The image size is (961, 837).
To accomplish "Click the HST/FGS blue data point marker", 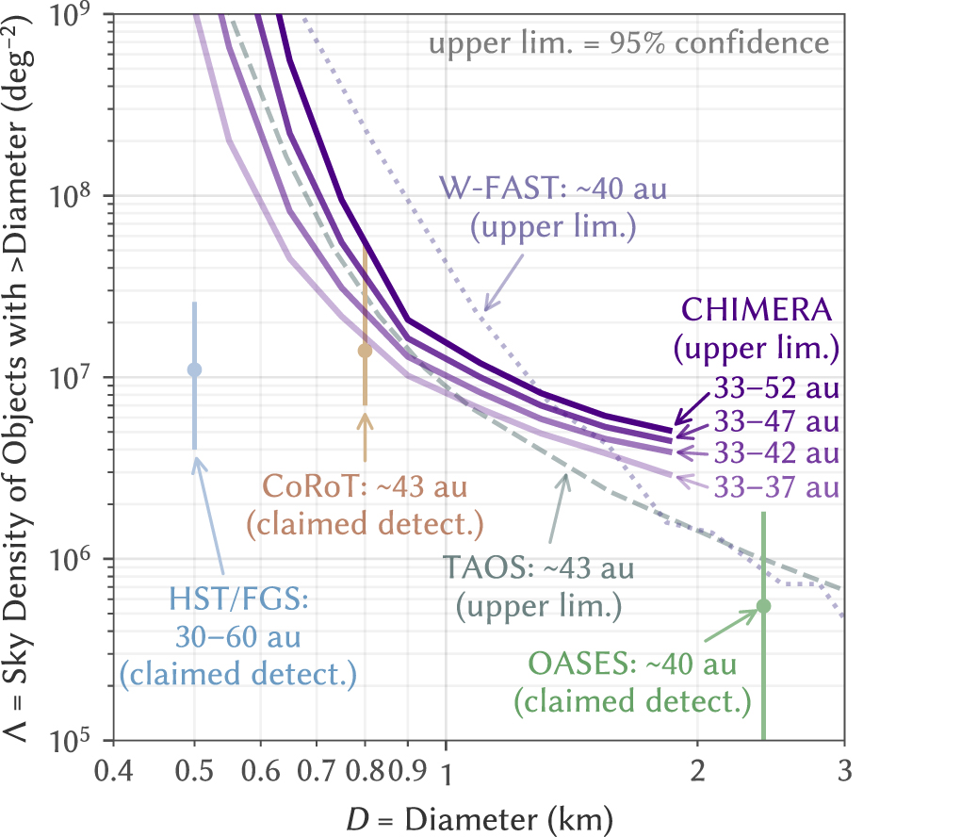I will click(x=194, y=369).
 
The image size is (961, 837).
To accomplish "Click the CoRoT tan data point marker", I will click(x=365, y=352).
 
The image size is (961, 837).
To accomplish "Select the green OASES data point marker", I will click(x=764, y=606).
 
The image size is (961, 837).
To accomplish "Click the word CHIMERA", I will click(x=759, y=310).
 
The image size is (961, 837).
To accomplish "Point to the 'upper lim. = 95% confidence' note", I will click(x=629, y=43).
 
